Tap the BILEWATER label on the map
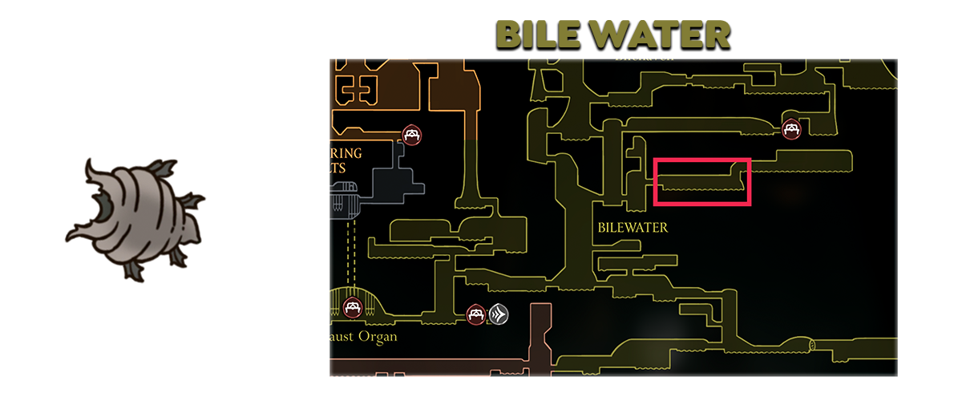(x=633, y=228)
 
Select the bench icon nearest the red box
(x=792, y=128)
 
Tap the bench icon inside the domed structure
(x=352, y=307)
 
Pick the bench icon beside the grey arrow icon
(x=475, y=314)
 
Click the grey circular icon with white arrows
(x=499, y=314)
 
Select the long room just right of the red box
(x=802, y=160)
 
